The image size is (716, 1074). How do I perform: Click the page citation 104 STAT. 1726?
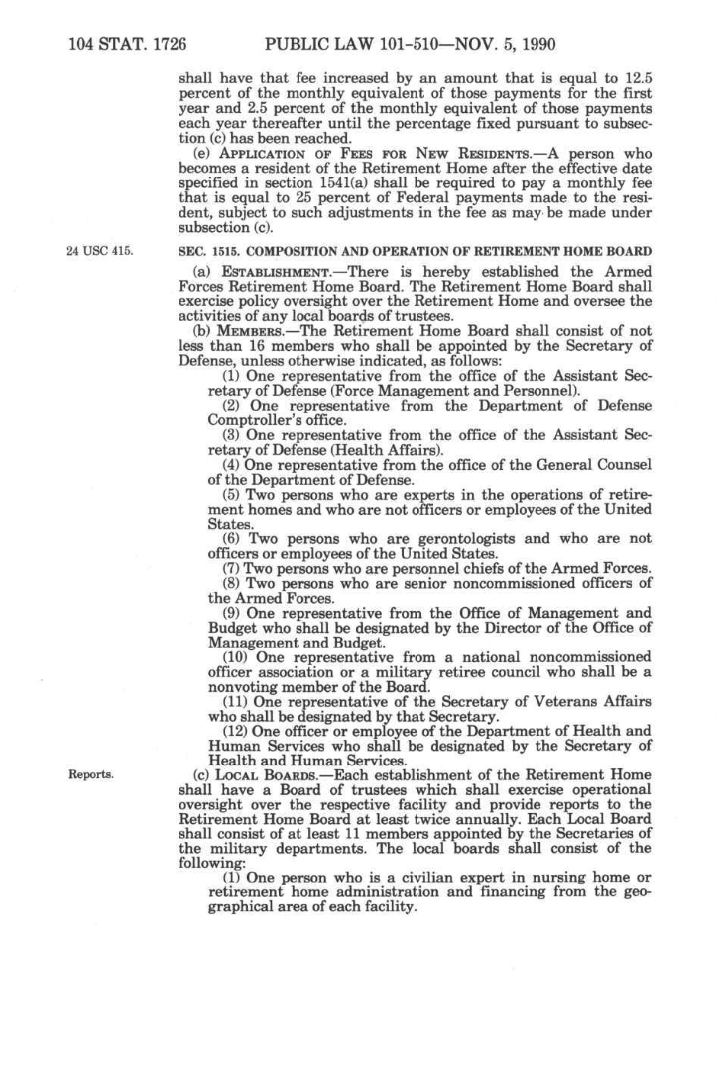tap(127, 43)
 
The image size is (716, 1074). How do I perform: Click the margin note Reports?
tap(91, 774)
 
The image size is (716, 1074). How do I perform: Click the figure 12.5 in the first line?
tap(637, 78)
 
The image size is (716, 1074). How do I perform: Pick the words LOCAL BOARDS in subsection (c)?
tap(262, 775)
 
